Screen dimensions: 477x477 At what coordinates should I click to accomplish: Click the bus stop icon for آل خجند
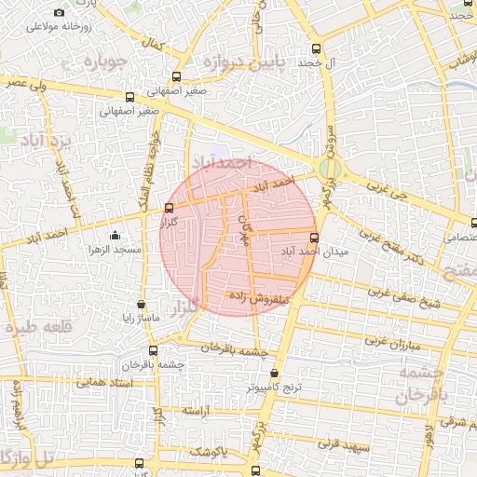[x=316, y=48]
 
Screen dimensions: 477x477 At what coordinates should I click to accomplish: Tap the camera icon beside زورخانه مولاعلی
[x=60, y=13]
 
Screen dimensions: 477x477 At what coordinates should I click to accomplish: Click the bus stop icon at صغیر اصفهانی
[x=128, y=96]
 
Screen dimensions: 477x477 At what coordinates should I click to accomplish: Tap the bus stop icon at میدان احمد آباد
[x=313, y=238]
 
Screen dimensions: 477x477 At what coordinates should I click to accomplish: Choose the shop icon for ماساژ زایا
[x=141, y=304]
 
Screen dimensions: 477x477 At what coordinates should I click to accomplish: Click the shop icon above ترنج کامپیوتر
[x=274, y=373]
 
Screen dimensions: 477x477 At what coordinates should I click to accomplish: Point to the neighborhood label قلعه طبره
[x=38, y=327]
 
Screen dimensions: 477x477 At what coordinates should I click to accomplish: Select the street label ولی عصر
[x=25, y=83]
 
